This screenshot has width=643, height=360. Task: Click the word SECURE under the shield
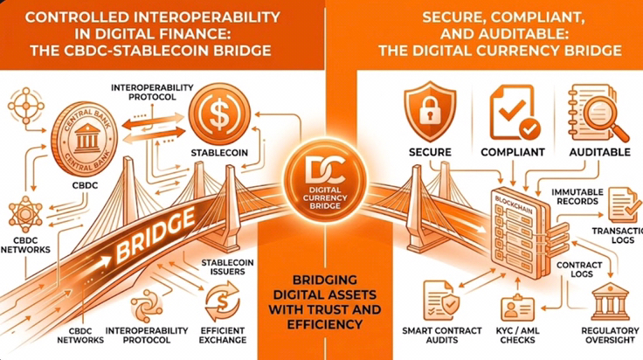tap(430, 153)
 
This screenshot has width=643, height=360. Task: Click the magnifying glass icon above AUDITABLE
tap(598, 114)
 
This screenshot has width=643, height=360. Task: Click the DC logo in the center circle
tap(321, 159)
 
